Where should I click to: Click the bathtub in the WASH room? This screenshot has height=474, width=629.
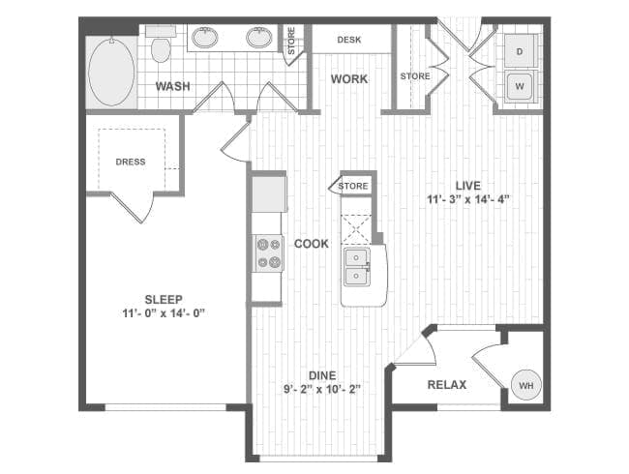pyautogui.click(x=111, y=73)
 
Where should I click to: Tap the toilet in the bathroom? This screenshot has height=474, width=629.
pyautogui.click(x=161, y=44)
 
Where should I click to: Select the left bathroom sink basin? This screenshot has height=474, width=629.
pyautogui.click(x=205, y=38)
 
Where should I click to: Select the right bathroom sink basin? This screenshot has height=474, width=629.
pyautogui.click(x=259, y=38)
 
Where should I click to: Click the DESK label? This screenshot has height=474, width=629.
pyautogui.click(x=349, y=40)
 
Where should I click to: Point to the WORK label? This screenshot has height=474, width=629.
pyautogui.click(x=349, y=79)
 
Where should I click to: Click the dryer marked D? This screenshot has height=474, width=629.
pyautogui.click(x=521, y=50)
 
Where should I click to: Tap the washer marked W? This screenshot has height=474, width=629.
pyautogui.click(x=520, y=86)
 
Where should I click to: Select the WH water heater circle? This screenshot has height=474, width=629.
pyautogui.click(x=526, y=385)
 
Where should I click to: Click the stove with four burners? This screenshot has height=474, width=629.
pyautogui.click(x=269, y=253)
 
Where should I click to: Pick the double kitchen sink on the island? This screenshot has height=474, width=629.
pyautogui.click(x=356, y=266)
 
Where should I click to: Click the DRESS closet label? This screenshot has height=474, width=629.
pyautogui.click(x=131, y=162)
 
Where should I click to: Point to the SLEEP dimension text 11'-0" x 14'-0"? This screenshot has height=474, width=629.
pyautogui.click(x=164, y=313)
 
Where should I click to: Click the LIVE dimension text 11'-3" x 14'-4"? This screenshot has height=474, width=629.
pyautogui.click(x=468, y=199)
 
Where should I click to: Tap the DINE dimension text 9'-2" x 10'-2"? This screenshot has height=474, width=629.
pyautogui.click(x=322, y=389)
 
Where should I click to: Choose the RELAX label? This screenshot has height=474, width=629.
pyautogui.click(x=447, y=385)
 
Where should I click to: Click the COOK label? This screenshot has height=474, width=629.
pyautogui.click(x=312, y=244)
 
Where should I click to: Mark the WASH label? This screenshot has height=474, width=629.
pyautogui.click(x=172, y=86)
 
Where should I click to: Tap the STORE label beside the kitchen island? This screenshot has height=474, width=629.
pyautogui.click(x=353, y=186)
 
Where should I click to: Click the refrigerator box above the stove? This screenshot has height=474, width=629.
pyautogui.click(x=269, y=194)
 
